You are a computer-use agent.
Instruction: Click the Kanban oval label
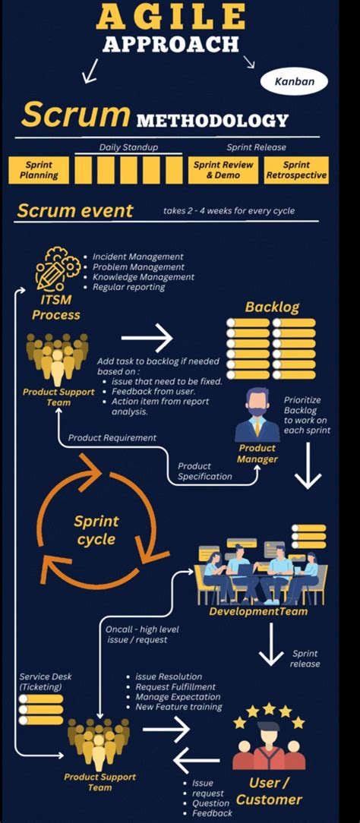click(x=293, y=80)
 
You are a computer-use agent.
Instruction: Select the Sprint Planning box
click(x=39, y=170)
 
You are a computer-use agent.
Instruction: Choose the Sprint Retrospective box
click(x=296, y=170)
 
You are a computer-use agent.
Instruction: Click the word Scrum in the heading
click(x=75, y=115)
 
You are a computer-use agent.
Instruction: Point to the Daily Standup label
click(x=128, y=147)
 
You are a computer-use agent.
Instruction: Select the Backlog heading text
click(x=272, y=307)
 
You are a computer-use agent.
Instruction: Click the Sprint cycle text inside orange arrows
click(x=96, y=530)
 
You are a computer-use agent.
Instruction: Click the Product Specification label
click(x=205, y=471)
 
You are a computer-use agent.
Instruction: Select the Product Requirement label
click(x=112, y=437)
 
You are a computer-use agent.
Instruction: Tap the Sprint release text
click(x=305, y=658)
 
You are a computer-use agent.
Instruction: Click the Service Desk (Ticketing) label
click(x=45, y=682)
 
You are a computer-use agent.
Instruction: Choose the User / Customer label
click(x=269, y=791)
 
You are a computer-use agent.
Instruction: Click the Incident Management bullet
click(x=137, y=257)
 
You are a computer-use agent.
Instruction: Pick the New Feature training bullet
click(x=178, y=707)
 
